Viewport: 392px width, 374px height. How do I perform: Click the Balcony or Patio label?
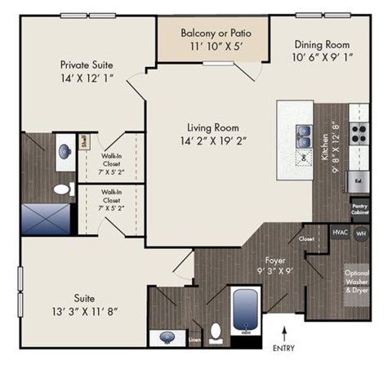coord(216,33)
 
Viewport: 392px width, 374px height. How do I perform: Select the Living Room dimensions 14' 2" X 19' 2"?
coord(204,140)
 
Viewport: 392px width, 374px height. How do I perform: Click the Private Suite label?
coord(86,65)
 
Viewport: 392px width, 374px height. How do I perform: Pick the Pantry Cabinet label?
coord(359,210)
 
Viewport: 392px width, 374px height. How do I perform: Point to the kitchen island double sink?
coord(305,130)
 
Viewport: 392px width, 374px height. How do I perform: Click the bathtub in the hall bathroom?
coord(247,311)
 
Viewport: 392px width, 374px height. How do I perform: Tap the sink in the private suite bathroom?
coord(65,151)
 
